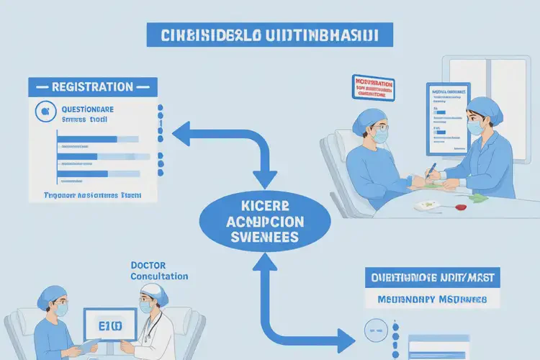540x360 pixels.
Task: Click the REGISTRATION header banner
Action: coord(93,86)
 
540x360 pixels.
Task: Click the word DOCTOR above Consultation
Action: coord(148,265)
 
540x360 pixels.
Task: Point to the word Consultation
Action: coord(160,276)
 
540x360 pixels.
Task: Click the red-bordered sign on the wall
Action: coord(373,86)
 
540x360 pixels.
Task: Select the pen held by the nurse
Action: coord(431,171)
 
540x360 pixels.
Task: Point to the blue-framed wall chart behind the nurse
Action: coord(447,115)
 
